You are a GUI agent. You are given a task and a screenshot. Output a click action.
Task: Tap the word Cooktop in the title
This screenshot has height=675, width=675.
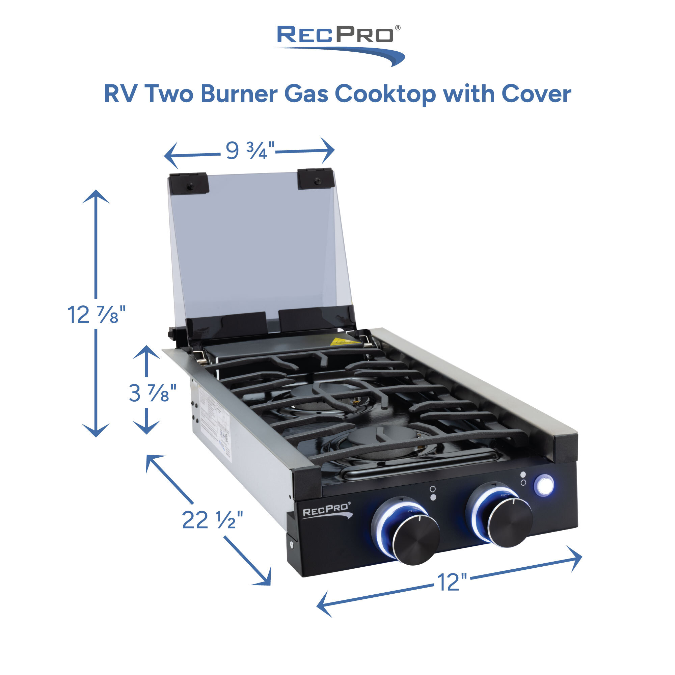point(385,94)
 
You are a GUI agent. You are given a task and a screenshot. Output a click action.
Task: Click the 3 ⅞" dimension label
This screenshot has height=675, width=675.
point(152,393)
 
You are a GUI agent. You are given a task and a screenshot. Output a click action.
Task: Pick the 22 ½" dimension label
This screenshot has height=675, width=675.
point(212,520)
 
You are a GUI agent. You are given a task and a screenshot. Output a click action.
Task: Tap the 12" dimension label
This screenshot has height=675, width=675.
point(452,583)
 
